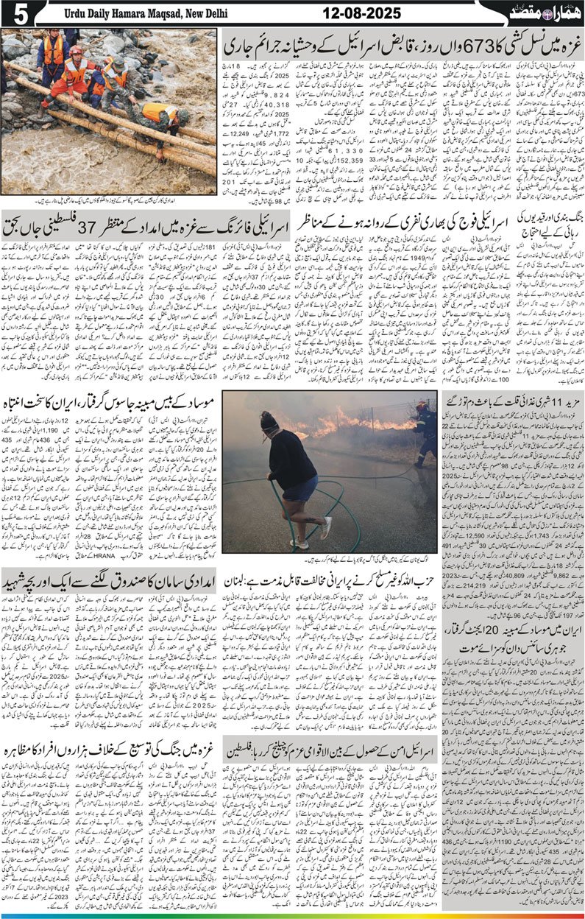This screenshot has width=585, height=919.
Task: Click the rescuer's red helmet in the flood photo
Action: pyautogui.click(x=76, y=51)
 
